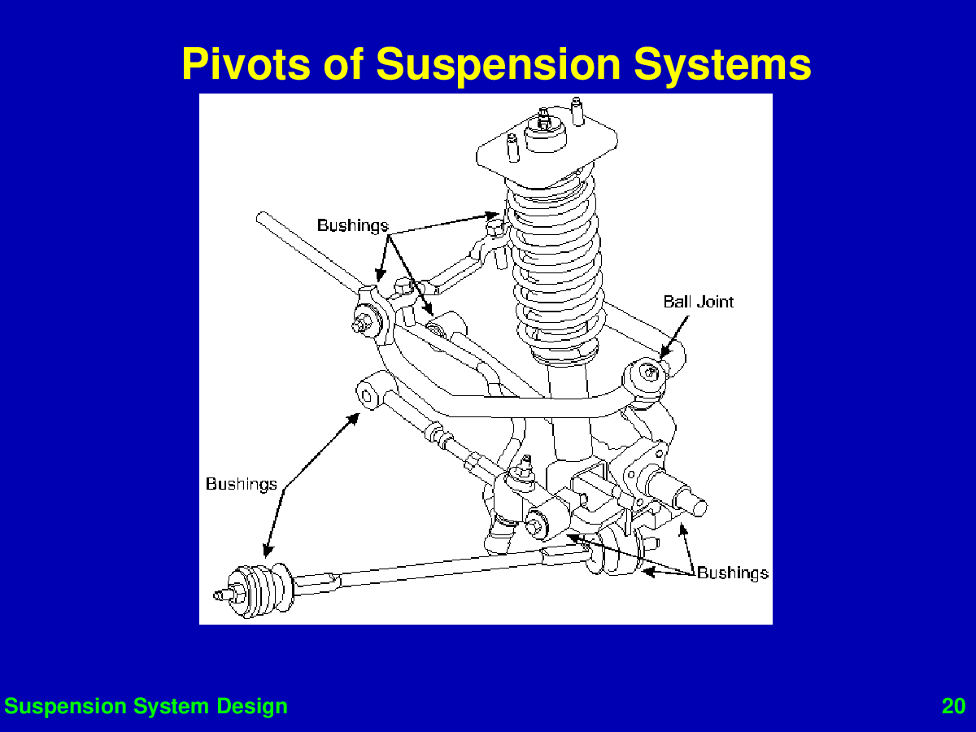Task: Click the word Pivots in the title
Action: pyautogui.click(x=246, y=64)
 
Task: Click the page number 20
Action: pyautogui.click(x=953, y=706)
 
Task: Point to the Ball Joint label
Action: pyautogui.click(x=698, y=302)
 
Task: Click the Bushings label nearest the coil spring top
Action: pyautogui.click(x=353, y=226)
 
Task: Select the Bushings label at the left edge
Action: pyautogui.click(x=242, y=484)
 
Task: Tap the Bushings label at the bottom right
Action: pyautogui.click(x=733, y=573)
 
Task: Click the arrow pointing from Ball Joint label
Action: pyautogui.click(x=674, y=338)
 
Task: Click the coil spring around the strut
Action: pyautogui.click(x=556, y=267)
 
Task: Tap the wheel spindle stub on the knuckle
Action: pyautogui.click(x=680, y=494)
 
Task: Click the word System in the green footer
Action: pyautogui.click(x=171, y=707)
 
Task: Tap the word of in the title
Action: pyautogui.click(x=343, y=64)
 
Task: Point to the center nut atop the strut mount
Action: pyautogui.click(x=543, y=120)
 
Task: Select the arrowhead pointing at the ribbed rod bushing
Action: pyautogui.click(x=268, y=551)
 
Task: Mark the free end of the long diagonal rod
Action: pyautogui.click(x=261, y=217)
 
